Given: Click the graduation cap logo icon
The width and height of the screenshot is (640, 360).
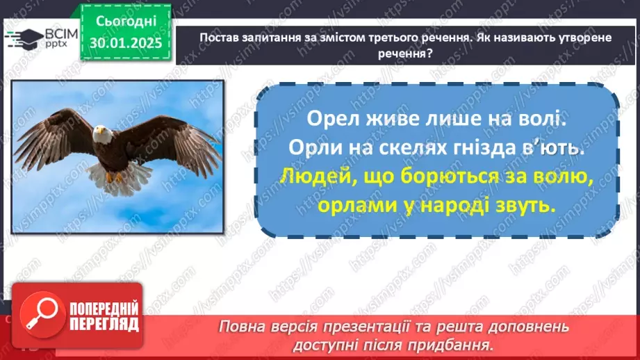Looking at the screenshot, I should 22,38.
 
